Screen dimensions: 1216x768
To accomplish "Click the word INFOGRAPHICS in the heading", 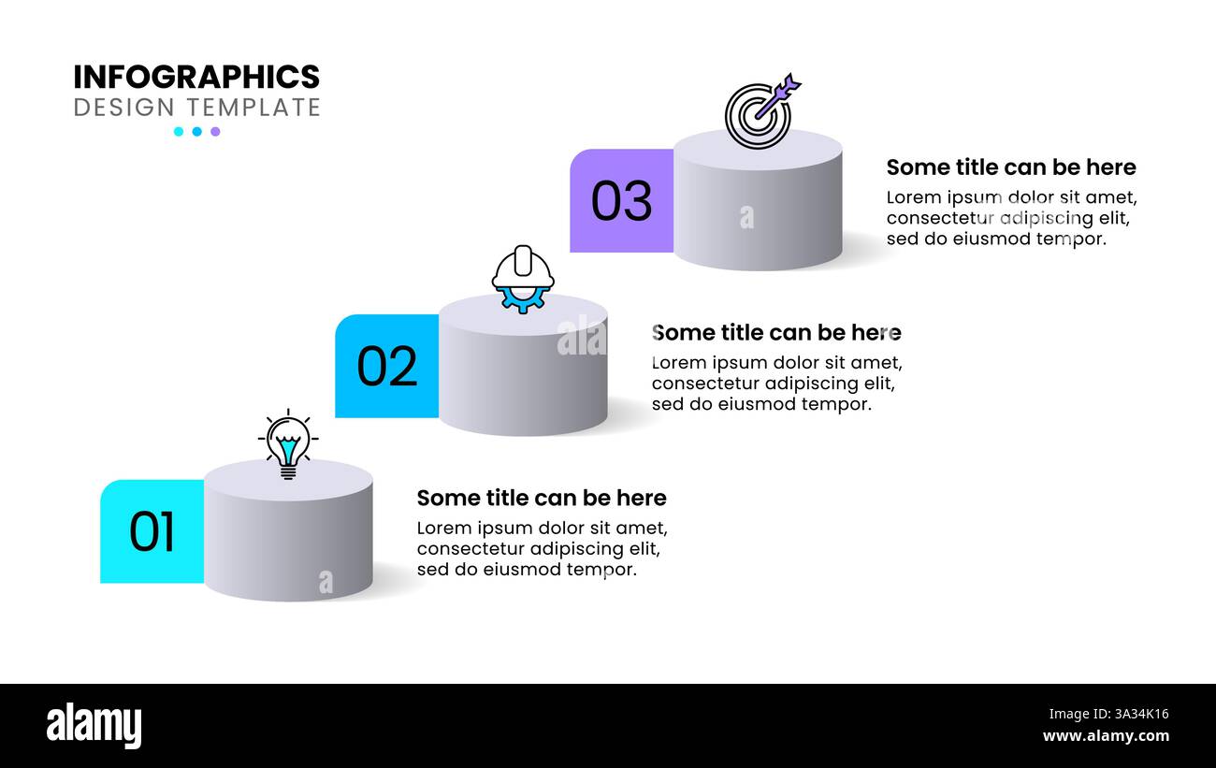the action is (x=196, y=77).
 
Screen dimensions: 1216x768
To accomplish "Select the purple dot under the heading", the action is (x=215, y=131).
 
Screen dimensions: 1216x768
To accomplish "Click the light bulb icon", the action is (x=288, y=444).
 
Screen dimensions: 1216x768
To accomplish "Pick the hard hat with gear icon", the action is (x=523, y=279).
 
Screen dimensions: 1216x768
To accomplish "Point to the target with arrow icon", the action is (x=761, y=111).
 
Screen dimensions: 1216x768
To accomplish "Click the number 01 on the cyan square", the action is (x=152, y=532).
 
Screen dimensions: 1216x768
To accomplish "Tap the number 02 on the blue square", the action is (x=387, y=367).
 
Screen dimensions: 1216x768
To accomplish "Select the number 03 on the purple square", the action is (x=622, y=201).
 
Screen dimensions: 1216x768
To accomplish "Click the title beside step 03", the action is (x=1011, y=167).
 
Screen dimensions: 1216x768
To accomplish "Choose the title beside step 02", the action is (x=776, y=333).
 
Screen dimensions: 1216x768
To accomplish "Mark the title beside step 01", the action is (x=542, y=498).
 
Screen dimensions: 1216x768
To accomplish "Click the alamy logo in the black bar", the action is (x=94, y=726).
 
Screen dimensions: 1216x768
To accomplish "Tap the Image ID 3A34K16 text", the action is (x=1108, y=714).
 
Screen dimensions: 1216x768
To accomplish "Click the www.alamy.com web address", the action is (x=1106, y=736).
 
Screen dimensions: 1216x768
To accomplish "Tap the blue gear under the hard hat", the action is (x=522, y=300).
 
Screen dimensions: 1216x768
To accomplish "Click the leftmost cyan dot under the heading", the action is (x=179, y=131).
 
